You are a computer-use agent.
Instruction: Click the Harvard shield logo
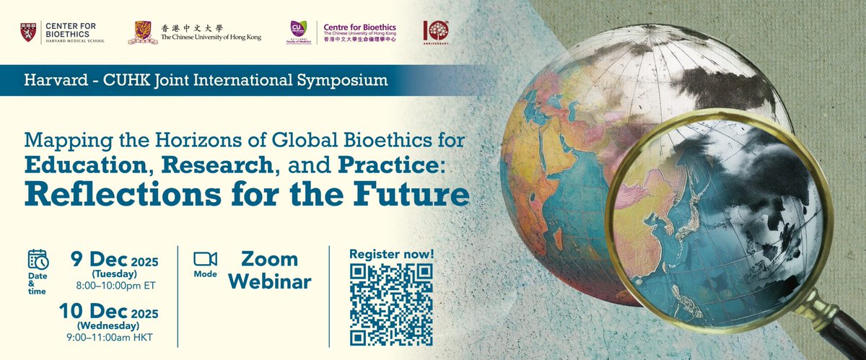pyautogui.click(x=29, y=32)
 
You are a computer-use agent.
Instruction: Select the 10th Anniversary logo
pyautogui.click(x=437, y=32)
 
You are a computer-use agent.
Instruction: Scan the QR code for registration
pyautogui.click(x=390, y=304)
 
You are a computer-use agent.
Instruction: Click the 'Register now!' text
pyautogui.click(x=390, y=254)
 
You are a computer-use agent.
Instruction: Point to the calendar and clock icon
pyautogui.click(x=38, y=260)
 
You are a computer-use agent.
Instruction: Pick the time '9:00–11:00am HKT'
pyautogui.click(x=116, y=337)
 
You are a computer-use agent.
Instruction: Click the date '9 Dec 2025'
pyautogui.click(x=114, y=259)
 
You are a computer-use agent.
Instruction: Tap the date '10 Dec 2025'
pyautogui.click(x=116, y=311)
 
